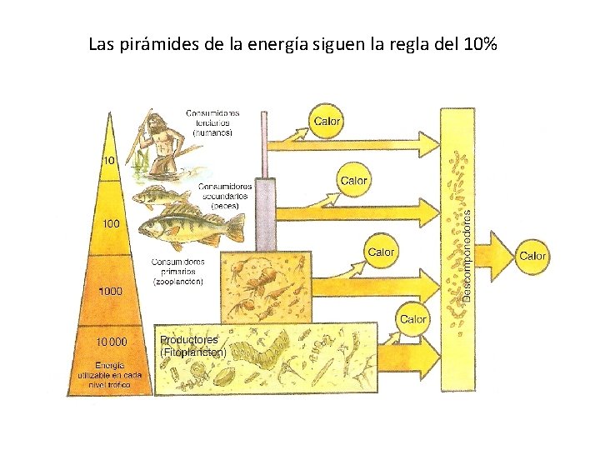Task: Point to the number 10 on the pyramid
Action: click(x=109, y=160)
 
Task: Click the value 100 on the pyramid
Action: click(x=111, y=223)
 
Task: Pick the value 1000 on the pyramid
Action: click(x=110, y=291)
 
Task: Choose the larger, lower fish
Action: click(x=190, y=226)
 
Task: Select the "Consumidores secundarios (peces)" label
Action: click(x=225, y=195)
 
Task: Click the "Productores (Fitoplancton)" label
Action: click(x=193, y=346)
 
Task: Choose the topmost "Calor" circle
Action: click(x=327, y=121)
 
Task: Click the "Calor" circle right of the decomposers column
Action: click(x=533, y=256)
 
